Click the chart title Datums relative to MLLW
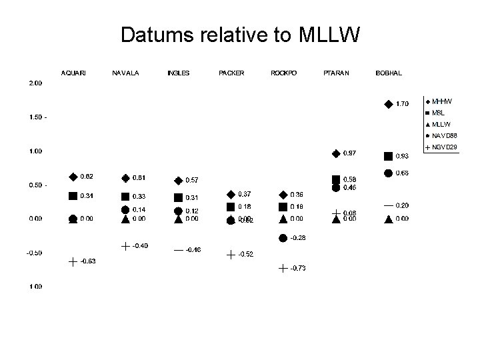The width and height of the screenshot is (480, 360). pos(240,35)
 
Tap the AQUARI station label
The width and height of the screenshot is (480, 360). pos(73,73)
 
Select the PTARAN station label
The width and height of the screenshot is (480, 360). pos(335,73)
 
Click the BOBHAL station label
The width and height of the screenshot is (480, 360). pos(389,73)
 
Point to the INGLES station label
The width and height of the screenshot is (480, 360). pos(178,73)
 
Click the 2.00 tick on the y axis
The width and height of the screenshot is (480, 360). pos(35,83)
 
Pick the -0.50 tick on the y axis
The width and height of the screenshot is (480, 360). pos(35,253)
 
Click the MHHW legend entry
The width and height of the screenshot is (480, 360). pos(441,101)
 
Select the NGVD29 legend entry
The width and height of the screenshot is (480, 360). pos(443,147)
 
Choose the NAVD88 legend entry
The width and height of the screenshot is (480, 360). pos(443,135)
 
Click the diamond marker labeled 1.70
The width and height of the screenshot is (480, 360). pos(388,104)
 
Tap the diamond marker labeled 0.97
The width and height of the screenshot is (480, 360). pos(335,154)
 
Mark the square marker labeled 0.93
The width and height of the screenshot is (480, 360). pos(388,156)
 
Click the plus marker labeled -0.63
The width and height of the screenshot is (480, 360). pos(73,261)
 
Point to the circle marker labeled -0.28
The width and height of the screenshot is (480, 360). pos(283,238)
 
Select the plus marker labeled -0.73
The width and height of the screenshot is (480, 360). pos(283,268)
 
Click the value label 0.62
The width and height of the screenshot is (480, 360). pos(87,177)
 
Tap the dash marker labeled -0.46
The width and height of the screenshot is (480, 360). pos(178,250)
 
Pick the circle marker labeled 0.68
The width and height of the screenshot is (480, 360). pos(388,173)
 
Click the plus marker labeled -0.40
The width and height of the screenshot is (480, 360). pos(125,246)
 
